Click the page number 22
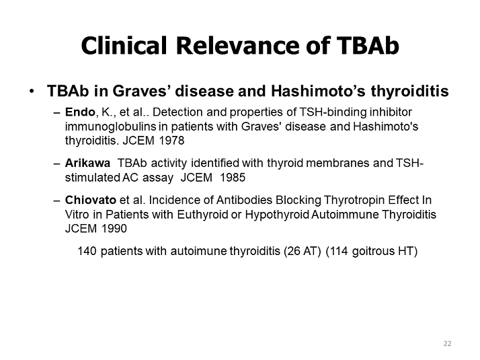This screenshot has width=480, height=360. (x=447, y=344)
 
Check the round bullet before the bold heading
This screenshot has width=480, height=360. (x=31, y=91)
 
